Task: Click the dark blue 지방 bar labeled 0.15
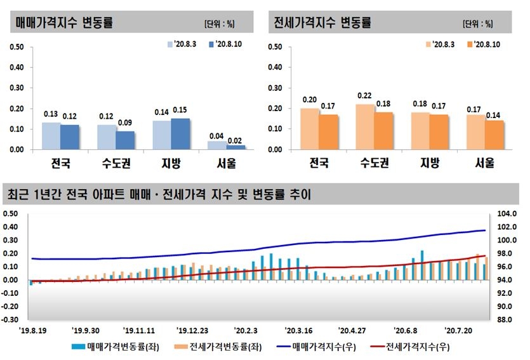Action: [x=180, y=134]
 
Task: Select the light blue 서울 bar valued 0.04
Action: [x=216, y=145]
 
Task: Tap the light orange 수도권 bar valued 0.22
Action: [x=364, y=127]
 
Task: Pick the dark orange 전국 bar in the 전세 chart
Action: [x=328, y=132]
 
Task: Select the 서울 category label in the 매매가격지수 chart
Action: [x=226, y=164]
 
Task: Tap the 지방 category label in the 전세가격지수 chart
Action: [x=430, y=164]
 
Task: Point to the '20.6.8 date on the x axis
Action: [x=405, y=331]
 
